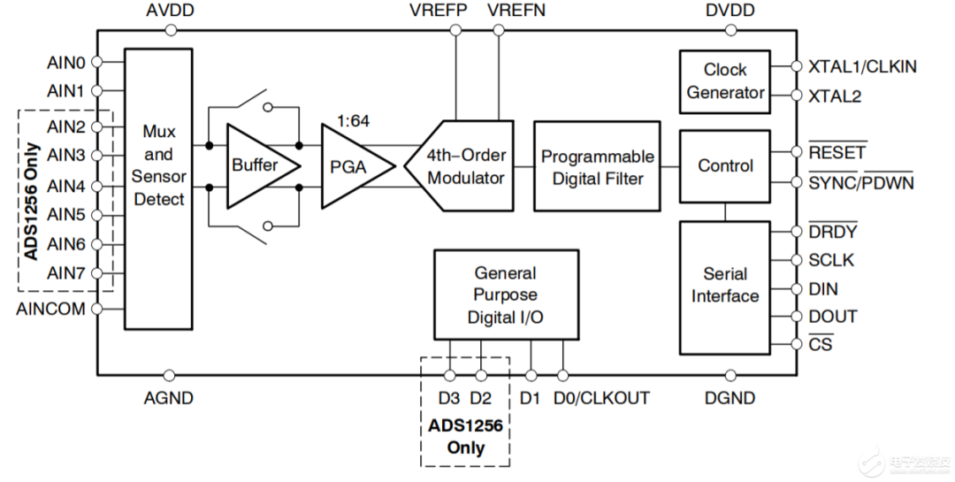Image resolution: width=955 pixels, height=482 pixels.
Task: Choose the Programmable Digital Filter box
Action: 597,166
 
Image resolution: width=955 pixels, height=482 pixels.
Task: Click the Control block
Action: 725,165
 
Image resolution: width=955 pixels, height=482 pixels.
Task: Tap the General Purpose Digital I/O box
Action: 506,295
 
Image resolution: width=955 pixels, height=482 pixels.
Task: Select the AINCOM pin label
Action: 51,309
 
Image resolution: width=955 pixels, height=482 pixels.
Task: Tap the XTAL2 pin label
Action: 834,96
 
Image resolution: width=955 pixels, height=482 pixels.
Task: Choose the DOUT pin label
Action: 833,317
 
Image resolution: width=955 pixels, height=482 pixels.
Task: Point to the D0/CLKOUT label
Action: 601,398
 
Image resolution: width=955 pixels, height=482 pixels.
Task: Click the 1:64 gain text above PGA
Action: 353,121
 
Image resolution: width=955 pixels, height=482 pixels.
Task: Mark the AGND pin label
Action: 169,398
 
